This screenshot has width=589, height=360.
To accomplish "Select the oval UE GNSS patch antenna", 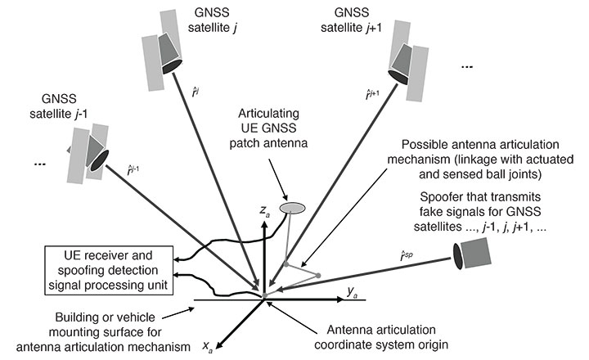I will pos(292,209).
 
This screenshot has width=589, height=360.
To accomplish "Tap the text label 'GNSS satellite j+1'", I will pos(348,20).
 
